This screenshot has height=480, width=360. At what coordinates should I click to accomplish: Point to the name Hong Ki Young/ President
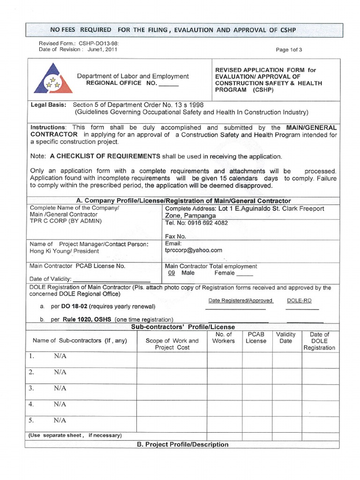(x=64, y=251)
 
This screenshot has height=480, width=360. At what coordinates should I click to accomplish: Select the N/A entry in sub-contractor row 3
(x=60, y=388)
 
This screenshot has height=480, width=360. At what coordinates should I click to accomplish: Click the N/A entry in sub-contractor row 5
(x=60, y=420)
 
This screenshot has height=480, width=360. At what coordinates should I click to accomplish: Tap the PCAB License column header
(x=256, y=337)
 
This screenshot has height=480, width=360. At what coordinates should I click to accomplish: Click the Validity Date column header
(x=285, y=337)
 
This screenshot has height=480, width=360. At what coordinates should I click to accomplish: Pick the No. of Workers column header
(x=223, y=337)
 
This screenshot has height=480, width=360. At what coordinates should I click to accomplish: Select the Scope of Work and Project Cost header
(x=172, y=344)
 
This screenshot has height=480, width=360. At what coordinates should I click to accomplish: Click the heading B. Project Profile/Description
(x=183, y=444)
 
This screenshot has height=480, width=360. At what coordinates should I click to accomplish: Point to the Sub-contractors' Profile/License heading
(x=183, y=327)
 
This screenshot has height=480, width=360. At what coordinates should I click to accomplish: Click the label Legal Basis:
(x=48, y=105)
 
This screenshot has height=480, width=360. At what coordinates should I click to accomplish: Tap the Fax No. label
(x=176, y=237)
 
